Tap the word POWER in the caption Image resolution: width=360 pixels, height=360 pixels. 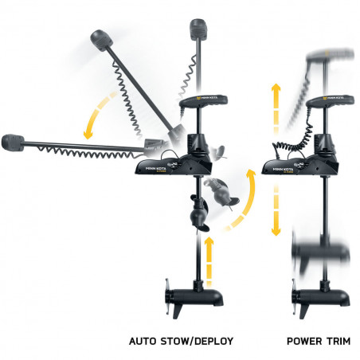(299, 341)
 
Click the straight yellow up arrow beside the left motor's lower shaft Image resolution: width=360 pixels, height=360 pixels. (209, 260)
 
